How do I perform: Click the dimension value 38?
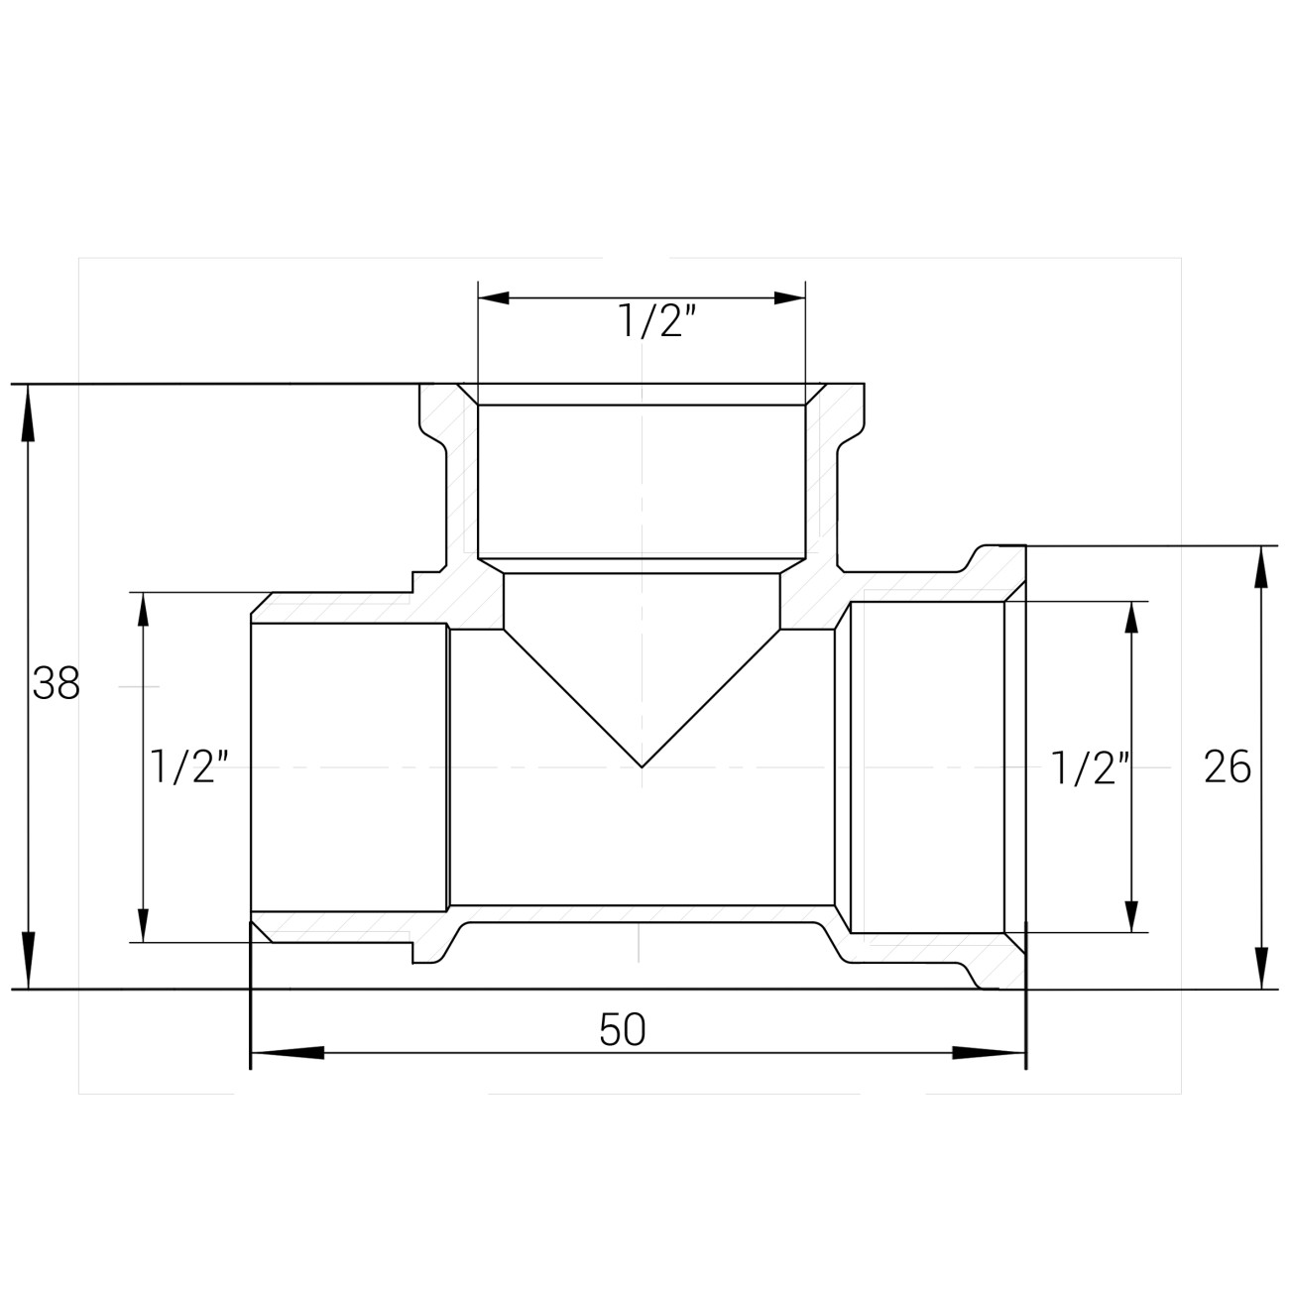57,683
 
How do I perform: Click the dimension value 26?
1228,766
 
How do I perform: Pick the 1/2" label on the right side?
1091,767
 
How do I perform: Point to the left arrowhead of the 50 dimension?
288,1053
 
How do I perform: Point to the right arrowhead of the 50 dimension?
989,1053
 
